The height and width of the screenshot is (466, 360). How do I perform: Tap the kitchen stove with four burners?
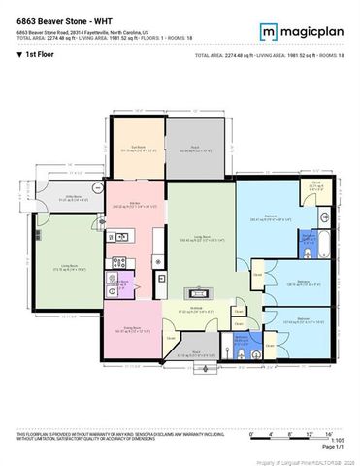[119, 261]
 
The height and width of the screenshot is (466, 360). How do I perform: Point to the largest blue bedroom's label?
[257, 219]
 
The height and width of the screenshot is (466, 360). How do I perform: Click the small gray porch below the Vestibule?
[196, 354]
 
